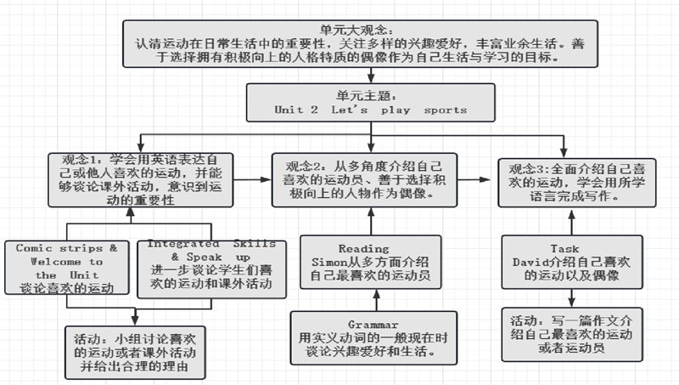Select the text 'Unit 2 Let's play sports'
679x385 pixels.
[371, 110]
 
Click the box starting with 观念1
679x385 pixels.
[140, 180]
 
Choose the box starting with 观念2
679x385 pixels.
[364, 179]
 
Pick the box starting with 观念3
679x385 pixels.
[577, 183]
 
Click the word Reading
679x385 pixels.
[364, 248]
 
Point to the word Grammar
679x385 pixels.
[373, 325]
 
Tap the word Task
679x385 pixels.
[564, 248]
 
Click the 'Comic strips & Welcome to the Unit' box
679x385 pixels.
[67, 268]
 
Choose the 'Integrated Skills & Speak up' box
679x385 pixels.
[211, 269]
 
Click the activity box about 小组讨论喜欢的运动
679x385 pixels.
[135, 353]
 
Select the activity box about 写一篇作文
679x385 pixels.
[572, 334]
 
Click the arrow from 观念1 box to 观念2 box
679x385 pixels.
[252, 179]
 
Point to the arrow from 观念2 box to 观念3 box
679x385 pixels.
[474, 179]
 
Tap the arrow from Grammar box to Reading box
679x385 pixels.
[376, 300]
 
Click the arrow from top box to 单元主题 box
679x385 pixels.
[371, 75]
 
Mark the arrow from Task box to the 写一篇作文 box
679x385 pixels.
[572, 298]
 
